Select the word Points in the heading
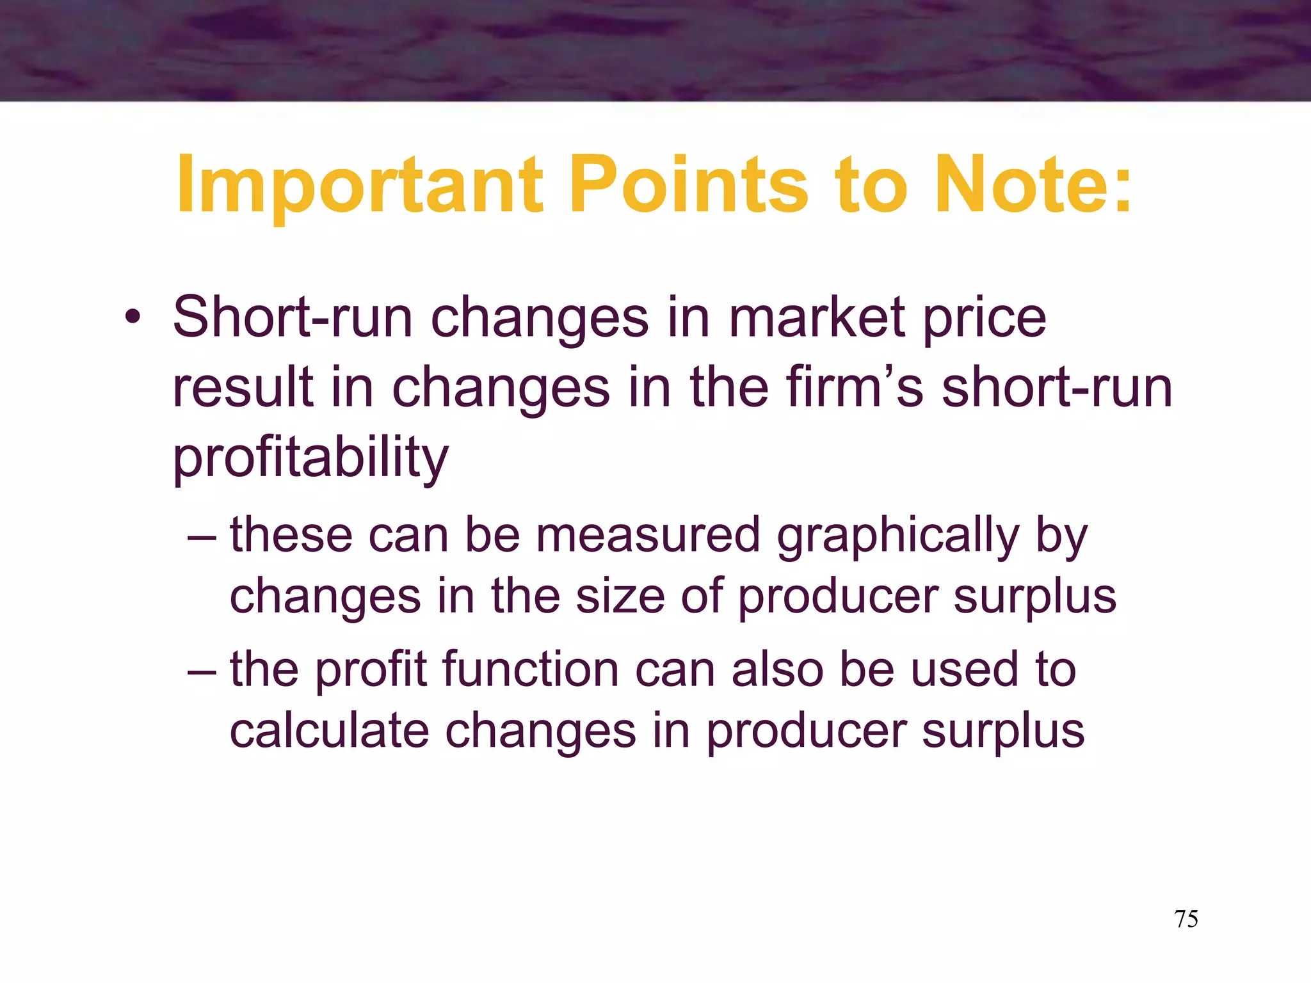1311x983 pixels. click(x=688, y=186)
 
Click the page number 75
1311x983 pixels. click(x=1186, y=919)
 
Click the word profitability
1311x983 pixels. click(x=311, y=458)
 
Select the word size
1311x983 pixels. click(x=620, y=596)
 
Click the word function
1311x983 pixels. click(x=531, y=669)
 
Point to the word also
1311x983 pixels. click(x=777, y=669)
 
